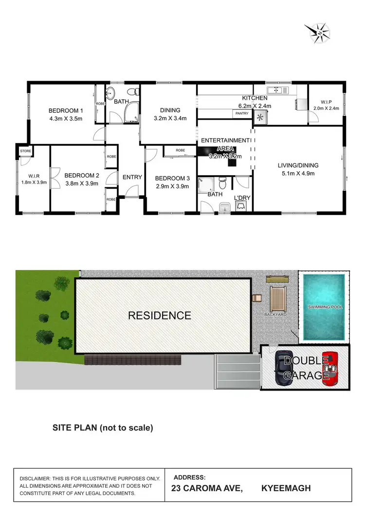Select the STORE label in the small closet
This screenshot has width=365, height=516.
(x=25, y=151)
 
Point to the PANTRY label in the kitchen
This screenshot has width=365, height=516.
(x=242, y=113)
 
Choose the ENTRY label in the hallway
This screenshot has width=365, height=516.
(x=132, y=177)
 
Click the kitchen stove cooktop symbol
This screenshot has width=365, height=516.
(x=259, y=117)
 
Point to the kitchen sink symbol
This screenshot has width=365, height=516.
(x=278, y=90)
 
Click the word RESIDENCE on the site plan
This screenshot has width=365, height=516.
(x=160, y=315)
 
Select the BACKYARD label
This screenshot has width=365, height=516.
(x=275, y=315)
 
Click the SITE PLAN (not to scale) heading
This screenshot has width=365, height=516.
(x=103, y=428)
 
